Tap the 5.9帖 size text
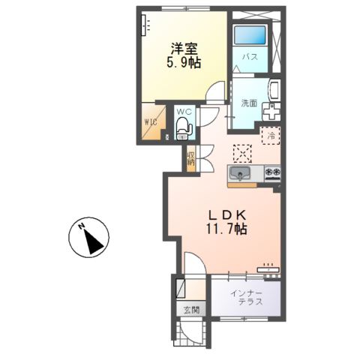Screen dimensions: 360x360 coord(183,64)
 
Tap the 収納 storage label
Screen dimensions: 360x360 coord(190,157)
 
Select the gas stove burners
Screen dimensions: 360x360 coord(271,175)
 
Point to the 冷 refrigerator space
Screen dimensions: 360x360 coord(271,136)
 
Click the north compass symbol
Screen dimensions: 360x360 coord(89,238)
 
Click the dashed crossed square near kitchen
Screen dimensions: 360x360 coord(242,151)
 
